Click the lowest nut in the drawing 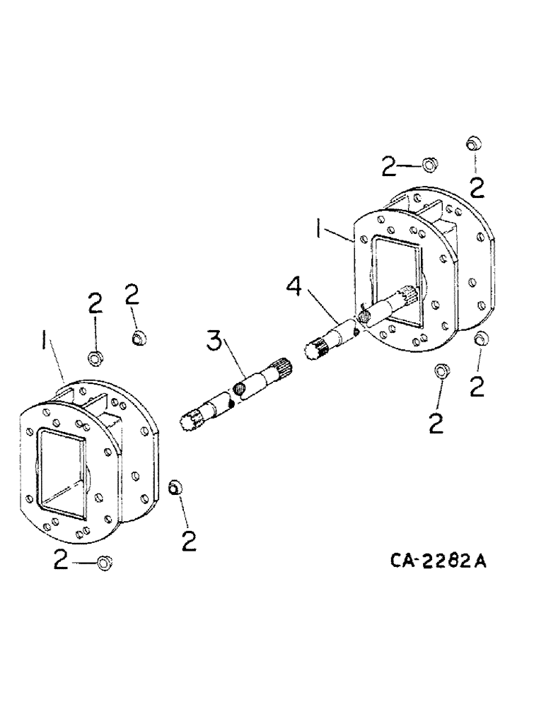105,563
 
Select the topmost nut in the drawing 472,145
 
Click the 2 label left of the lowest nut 62,561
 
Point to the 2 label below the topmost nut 477,187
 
